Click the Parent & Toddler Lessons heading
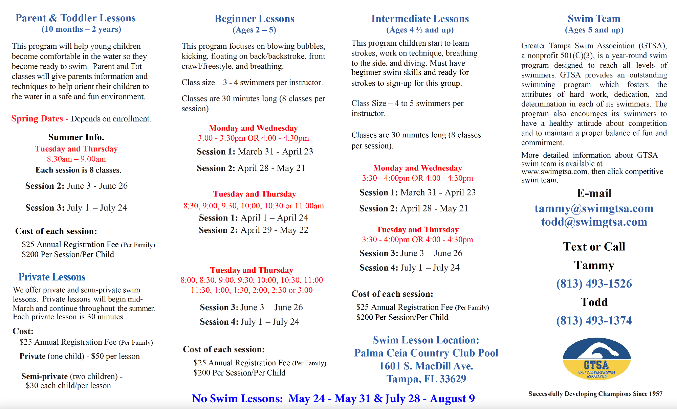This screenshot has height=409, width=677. tap(75, 18)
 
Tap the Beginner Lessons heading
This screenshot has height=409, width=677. tap(255, 19)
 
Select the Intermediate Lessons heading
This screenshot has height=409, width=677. tap(420, 19)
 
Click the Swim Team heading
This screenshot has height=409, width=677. tap(594, 19)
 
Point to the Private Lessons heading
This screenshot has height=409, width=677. tap(52, 277)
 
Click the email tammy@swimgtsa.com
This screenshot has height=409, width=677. tap(594, 208)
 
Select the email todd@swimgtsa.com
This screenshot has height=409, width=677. tap(594, 222)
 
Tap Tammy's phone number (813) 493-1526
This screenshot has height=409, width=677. tap(594, 283)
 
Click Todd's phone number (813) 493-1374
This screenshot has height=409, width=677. tap(594, 320)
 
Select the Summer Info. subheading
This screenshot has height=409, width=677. tap(76, 137)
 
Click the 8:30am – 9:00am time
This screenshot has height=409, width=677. tap(76, 159)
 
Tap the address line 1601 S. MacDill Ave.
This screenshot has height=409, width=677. tap(426, 366)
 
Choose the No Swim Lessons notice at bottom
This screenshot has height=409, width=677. tap(333, 399)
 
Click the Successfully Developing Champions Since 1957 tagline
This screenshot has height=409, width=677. tap(595, 394)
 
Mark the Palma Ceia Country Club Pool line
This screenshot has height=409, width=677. tap(426, 353)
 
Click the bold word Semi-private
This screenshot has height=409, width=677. tap(44, 376)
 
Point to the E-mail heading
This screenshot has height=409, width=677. tap(594, 193)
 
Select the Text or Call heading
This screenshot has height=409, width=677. tap(594, 247)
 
